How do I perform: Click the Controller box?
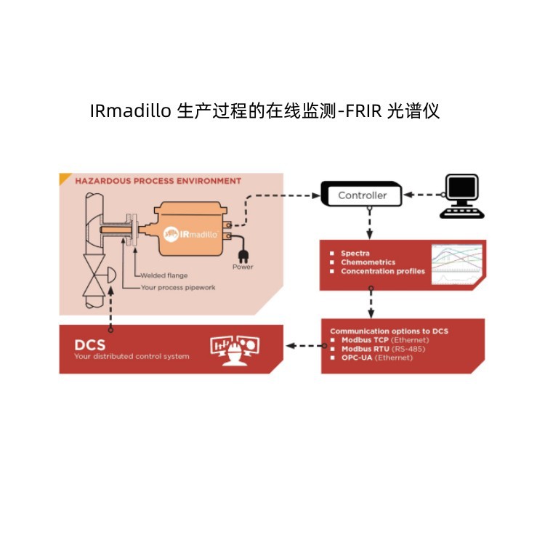coord(363,195)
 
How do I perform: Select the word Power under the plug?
coord(243,267)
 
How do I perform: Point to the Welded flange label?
coord(163,275)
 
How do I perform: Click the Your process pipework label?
coord(178,287)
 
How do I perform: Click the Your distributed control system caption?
coord(132,356)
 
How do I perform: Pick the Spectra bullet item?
coord(355,254)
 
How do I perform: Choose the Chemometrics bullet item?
coord(368,262)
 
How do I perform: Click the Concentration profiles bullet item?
coord(382,271)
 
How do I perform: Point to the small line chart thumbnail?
coord(457,263)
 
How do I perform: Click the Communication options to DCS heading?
coord(389,331)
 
